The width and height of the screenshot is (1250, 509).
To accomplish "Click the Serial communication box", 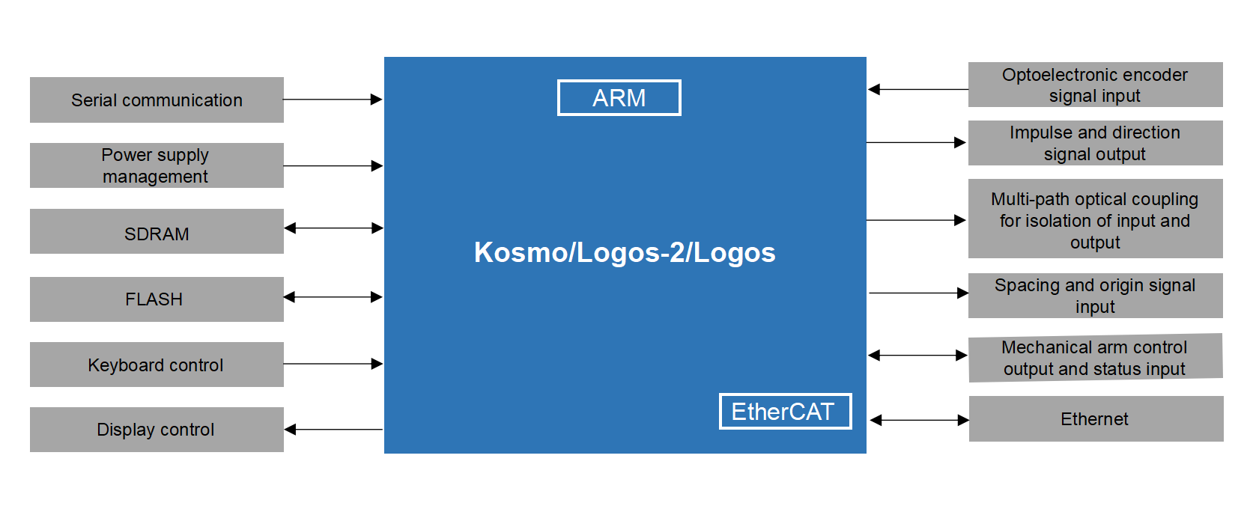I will [157, 100].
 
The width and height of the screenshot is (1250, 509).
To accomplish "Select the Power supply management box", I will [157, 165].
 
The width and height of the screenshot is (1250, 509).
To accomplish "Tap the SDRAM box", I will [157, 231].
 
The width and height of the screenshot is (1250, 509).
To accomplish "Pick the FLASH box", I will [157, 299].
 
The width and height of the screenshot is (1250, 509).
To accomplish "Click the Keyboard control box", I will [157, 365].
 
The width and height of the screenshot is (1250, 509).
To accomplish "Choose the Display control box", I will [157, 430].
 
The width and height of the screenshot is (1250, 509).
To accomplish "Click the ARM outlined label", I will [619, 98].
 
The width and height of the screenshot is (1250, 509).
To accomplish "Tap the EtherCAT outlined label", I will [785, 412].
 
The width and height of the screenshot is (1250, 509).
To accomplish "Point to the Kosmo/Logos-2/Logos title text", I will [625, 253].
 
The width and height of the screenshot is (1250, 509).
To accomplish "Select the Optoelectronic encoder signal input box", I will [1095, 85].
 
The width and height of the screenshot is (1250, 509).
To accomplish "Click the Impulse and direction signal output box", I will [1095, 143].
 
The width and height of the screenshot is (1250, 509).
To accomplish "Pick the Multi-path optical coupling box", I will [1095, 219].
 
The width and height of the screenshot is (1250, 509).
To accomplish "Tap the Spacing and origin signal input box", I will [1095, 296].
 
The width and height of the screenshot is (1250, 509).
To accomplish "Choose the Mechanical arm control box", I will [1095, 358].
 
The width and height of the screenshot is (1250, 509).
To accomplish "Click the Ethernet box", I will [1095, 419].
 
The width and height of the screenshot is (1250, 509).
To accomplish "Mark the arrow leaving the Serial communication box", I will [333, 100].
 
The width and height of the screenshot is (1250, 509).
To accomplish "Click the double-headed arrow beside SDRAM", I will [333, 228].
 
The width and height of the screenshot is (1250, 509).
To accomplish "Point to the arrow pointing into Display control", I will [333, 430].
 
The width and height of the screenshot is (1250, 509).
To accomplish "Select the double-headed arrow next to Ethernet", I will [919, 420].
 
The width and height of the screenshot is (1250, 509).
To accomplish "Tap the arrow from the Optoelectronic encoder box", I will [917, 90].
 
